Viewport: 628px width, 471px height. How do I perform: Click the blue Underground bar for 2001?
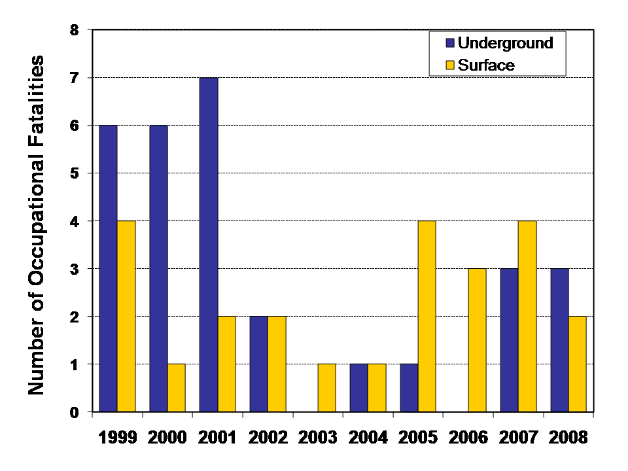[209, 245]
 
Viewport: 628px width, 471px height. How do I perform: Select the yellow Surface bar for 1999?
[126, 317]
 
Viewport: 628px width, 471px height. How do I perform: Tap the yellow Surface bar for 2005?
[427, 317]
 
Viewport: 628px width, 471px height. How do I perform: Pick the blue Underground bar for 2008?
[559, 340]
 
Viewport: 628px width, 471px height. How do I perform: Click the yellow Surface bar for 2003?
[326, 388]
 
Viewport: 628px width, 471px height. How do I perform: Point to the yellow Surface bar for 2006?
[477, 340]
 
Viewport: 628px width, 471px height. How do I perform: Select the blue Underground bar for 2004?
[358, 388]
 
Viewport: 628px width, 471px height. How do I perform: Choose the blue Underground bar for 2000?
[159, 268]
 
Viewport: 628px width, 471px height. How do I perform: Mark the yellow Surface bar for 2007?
[527, 317]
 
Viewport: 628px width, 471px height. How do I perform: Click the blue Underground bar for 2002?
[259, 364]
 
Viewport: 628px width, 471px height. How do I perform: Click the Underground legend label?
[505, 43]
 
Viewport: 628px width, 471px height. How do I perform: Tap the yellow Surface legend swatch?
[450, 65]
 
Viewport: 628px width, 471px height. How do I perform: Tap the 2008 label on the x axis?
[568, 436]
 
